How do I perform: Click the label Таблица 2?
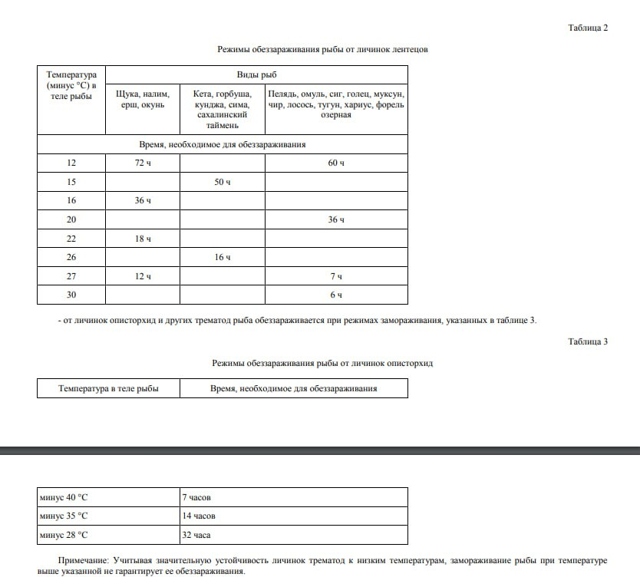point(588,28)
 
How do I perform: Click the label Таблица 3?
point(588,342)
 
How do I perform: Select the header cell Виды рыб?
point(256,74)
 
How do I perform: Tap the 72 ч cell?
point(143,163)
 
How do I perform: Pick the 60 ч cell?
point(336,163)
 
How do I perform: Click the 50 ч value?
point(223,182)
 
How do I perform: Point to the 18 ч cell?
point(143,239)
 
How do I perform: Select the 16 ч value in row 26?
point(223,257)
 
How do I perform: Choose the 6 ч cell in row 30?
point(336,295)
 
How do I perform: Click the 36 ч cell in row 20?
point(336,219)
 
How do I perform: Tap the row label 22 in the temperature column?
point(71,239)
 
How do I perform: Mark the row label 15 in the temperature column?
point(71,182)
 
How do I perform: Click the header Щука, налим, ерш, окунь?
point(143,99)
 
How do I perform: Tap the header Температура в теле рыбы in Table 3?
point(108,389)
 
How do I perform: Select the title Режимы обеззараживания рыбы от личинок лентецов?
point(322,49)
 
